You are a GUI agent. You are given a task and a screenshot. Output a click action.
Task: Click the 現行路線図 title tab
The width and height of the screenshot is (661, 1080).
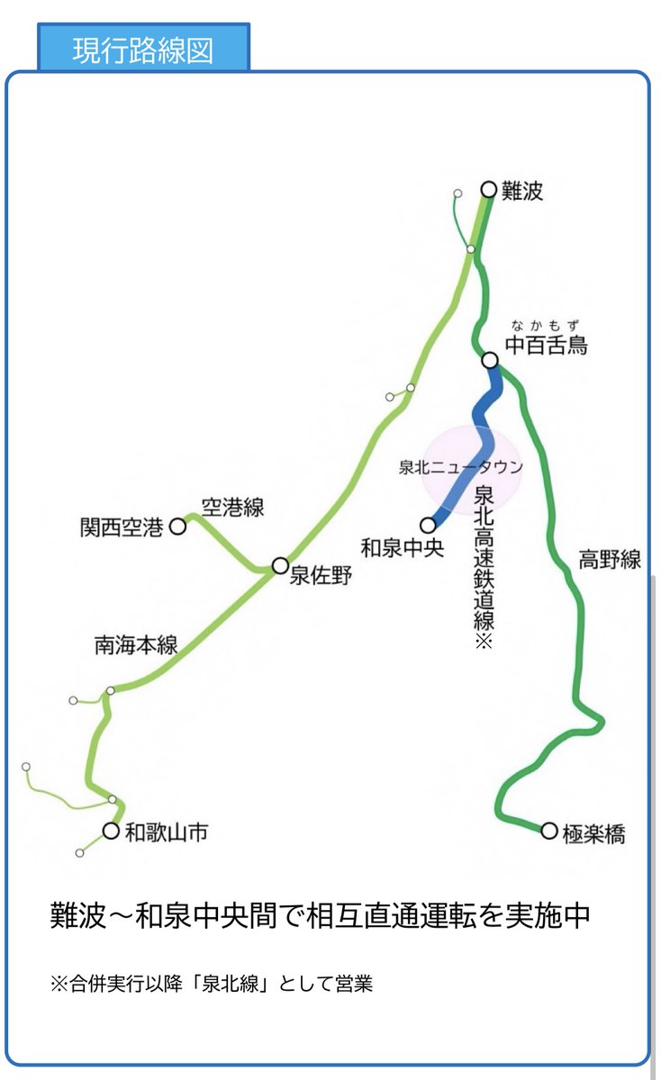143,50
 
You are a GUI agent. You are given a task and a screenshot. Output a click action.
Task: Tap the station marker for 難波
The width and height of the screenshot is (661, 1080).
489,189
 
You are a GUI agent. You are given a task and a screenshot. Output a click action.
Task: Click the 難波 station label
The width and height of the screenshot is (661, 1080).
523,191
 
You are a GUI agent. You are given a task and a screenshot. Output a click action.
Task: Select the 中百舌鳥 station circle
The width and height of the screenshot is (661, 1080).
490,360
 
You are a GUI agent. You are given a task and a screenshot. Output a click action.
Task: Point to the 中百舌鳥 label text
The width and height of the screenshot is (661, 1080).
547,345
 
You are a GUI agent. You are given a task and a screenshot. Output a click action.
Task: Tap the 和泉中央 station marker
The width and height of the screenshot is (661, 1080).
428,525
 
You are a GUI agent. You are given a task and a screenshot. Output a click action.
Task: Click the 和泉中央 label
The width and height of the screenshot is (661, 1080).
402,547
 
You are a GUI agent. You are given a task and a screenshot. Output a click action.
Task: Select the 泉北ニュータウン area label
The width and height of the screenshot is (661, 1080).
460,468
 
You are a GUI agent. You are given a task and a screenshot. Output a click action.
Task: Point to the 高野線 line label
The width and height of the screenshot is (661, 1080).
610,560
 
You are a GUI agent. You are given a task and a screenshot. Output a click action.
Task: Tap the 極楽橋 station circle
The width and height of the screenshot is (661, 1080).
549,831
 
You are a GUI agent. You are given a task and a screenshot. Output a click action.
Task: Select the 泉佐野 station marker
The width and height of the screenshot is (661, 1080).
280,565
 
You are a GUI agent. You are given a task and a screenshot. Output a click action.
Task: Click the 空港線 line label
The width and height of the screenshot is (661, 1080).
232,508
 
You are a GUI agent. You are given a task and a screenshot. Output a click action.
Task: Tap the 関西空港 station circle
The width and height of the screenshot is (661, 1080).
178,526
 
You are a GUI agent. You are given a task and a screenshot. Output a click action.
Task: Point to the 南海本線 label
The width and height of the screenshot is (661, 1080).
135,645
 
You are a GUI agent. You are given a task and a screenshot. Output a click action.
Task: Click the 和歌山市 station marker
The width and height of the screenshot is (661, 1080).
111,831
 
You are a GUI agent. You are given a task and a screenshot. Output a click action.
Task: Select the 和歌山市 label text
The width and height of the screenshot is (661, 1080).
167,832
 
